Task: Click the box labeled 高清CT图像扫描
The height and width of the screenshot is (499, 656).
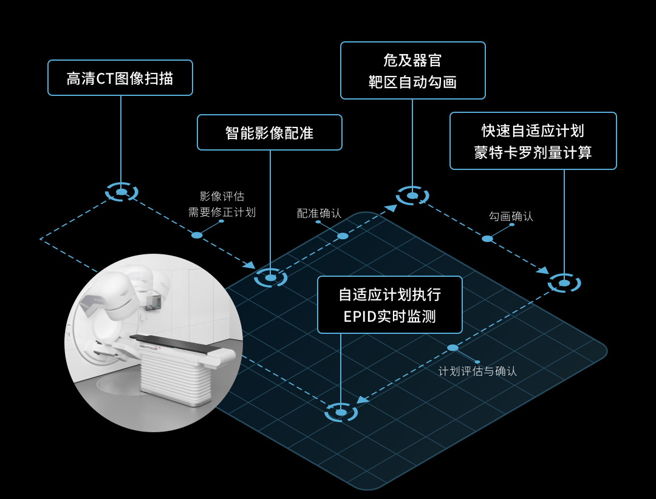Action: pos(120,78)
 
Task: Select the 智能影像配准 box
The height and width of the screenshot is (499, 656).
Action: pos(270,132)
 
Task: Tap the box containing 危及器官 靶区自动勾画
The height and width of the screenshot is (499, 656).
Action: pos(413,70)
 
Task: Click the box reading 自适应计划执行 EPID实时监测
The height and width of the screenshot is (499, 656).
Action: pos(389,305)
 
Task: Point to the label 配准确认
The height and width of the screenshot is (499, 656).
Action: pos(319,213)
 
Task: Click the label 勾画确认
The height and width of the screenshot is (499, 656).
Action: pos(511,216)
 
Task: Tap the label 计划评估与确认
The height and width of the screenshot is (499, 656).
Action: pos(477,371)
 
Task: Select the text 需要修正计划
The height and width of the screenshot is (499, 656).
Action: pos(222,212)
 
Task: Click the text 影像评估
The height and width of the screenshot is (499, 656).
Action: pos(222,196)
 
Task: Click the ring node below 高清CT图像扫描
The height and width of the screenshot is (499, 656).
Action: pos(121,192)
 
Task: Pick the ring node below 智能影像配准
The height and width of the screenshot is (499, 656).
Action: pos(270,277)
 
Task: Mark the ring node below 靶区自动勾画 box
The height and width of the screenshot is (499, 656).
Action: pos(412,195)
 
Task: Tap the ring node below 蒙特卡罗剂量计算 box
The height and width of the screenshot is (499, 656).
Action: pos(564,283)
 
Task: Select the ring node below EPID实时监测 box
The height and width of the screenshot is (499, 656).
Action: pos(341,412)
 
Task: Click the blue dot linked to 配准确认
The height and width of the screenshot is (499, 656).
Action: pos(343,236)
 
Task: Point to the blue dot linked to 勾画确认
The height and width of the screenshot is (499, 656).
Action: pos(487,239)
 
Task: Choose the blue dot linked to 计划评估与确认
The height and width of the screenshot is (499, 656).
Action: pos(453,348)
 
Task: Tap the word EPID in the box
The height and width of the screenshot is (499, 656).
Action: pos(358,316)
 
